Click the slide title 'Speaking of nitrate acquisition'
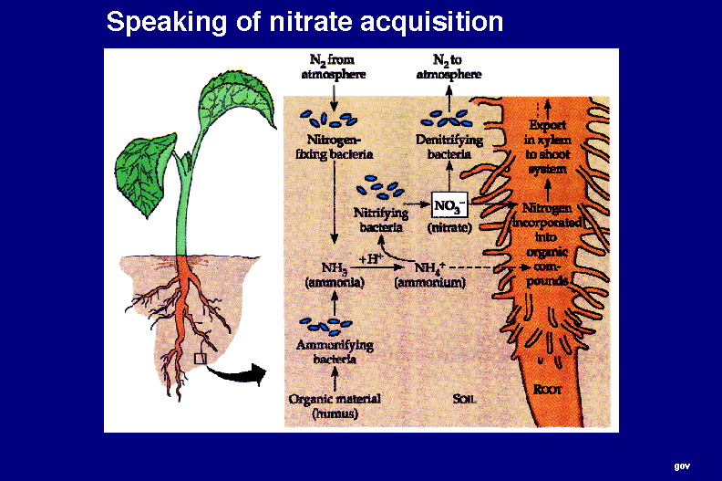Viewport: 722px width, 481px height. pos(304,22)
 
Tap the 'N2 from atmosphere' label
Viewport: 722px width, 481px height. pos(335,67)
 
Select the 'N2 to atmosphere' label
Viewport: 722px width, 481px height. pos(449,67)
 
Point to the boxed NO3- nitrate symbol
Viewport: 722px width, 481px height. pos(448,205)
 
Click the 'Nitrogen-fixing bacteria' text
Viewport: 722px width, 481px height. pos(333,148)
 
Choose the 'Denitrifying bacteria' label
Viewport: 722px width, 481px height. pos(448,148)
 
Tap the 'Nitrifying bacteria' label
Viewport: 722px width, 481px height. pos(381,220)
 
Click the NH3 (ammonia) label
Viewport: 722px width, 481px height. pos(334,275)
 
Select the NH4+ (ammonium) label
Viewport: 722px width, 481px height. pos(429,275)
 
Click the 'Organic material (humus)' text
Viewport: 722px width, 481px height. pos(334,406)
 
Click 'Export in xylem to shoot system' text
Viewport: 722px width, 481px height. pos(547,146)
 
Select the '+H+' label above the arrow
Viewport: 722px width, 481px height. pos(373,257)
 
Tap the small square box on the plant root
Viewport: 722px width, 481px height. pos(201,359)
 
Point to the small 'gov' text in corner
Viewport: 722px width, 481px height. pos(682,465)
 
